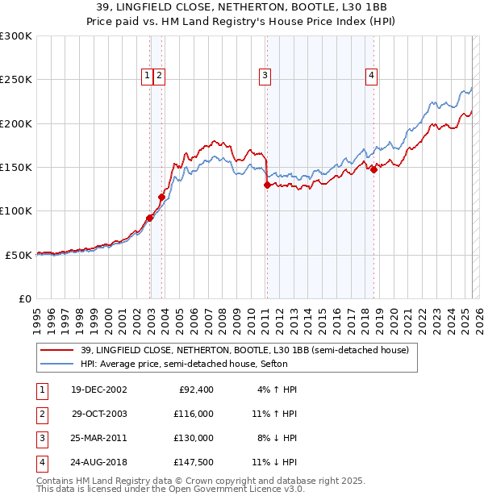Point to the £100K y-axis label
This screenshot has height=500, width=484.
[x=16, y=211]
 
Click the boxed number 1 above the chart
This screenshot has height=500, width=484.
[x=148, y=76]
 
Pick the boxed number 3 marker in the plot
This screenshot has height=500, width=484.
[x=265, y=76]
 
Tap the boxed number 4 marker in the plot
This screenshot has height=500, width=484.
[x=371, y=76]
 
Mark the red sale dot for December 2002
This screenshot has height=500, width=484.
[x=150, y=218]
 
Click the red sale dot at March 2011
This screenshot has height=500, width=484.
[x=267, y=185]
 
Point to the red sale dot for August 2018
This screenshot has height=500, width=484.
[x=373, y=169]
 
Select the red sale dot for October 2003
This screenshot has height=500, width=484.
[x=162, y=197]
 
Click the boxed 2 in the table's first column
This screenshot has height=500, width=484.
[x=41, y=414]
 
